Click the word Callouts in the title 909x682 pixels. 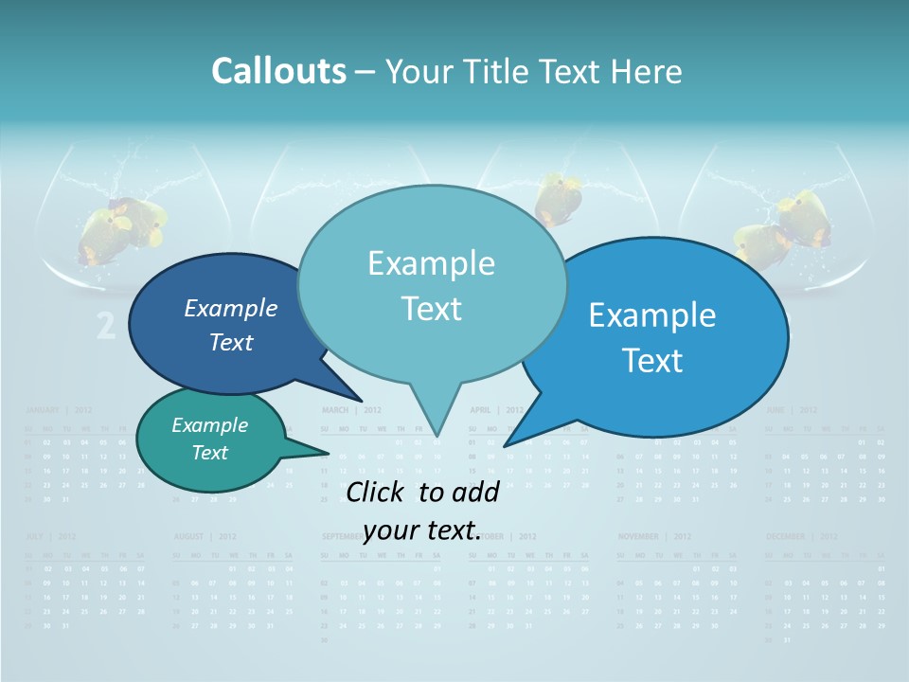coord(278,71)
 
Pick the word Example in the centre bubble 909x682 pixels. coord(431,263)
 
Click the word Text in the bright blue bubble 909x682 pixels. coord(653,361)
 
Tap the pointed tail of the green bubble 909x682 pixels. coord(327,453)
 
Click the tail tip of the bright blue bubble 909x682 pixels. coord(505,445)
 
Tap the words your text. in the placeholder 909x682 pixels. coord(420,530)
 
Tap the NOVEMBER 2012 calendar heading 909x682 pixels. coord(654,536)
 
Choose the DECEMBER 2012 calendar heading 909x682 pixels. coord(801,536)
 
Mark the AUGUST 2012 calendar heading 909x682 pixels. coord(205,536)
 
